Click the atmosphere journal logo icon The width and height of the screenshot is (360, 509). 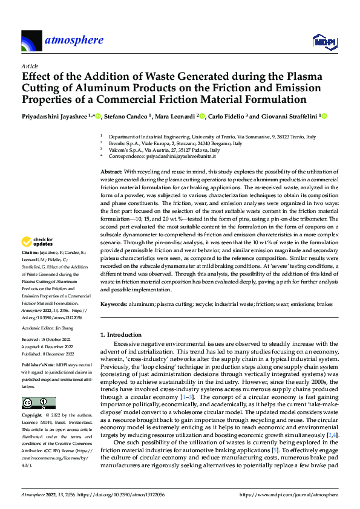click(31, 41)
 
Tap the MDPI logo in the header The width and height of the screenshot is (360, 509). click(321, 41)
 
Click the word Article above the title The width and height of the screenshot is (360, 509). click(30, 66)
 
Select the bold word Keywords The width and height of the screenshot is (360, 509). click(114, 303)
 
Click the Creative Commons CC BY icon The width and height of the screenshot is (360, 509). click(38, 403)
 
